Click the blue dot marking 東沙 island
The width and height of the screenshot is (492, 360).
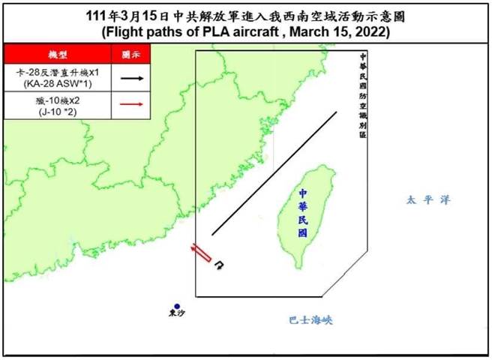176,306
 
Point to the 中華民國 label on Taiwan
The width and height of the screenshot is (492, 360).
301,212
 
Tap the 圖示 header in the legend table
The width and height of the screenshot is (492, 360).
130,55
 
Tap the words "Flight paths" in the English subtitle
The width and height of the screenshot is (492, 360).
139,34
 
